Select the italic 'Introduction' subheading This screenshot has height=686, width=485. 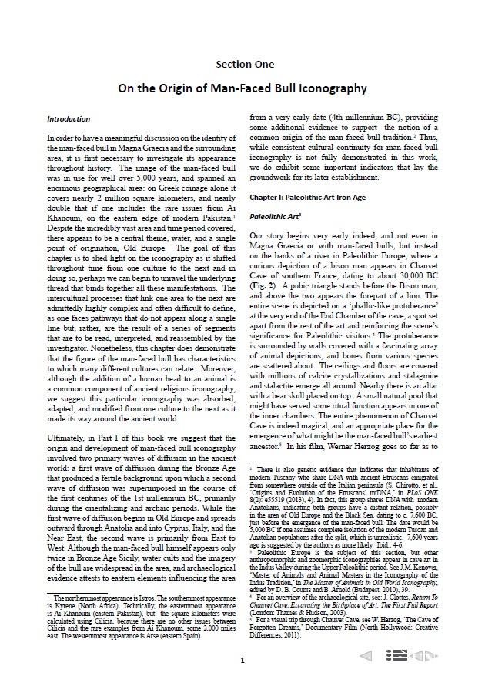tap(69, 119)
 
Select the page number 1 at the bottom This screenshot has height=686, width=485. tap(242, 660)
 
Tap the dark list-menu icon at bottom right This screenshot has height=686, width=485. tap(396, 655)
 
